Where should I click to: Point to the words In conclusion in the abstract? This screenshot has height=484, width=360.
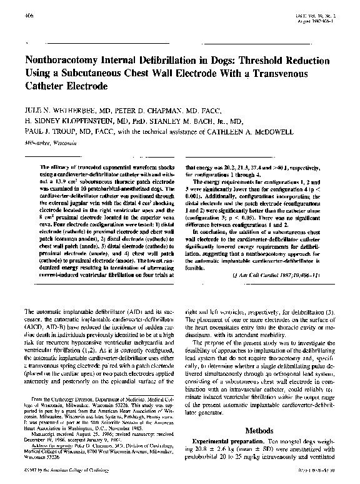[x=214, y=230]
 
